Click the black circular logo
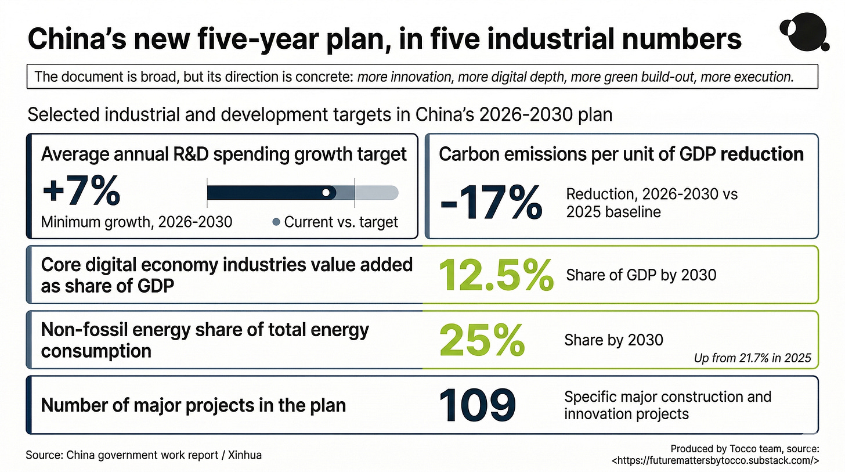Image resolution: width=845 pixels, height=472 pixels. (x=805, y=32)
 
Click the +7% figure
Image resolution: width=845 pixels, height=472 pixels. (x=81, y=191)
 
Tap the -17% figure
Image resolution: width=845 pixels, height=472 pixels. (x=491, y=202)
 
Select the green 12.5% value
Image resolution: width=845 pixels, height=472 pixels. (x=496, y=275)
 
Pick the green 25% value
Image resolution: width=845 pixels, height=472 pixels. (x=482, y=340)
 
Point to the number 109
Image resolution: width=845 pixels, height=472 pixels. (x=477, y=405)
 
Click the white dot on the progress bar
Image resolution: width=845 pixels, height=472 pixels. (x=326, y=193)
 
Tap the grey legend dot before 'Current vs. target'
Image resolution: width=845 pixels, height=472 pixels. (x=276, y=222)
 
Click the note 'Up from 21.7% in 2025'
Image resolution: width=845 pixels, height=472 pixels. (x=752, y=358)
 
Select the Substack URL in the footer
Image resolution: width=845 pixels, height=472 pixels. (x=715, y=461)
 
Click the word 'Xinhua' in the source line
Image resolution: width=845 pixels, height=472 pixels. (x=244, y=455)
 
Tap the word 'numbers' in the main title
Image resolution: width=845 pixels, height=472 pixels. (x=680, y=39)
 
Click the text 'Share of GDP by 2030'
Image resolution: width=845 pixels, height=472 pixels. (x=641, y=275)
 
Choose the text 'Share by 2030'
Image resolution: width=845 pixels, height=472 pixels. (x=613, y=340)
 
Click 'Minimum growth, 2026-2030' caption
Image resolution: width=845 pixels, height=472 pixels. (x=136, y=222)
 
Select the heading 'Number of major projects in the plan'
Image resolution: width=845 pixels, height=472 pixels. (x=193, y=406)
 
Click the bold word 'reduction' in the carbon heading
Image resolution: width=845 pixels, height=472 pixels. (x=762, y=154)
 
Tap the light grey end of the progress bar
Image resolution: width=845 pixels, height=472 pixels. (x=377, y=193)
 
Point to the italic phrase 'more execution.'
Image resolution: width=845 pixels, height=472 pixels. (x=747, y=77)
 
